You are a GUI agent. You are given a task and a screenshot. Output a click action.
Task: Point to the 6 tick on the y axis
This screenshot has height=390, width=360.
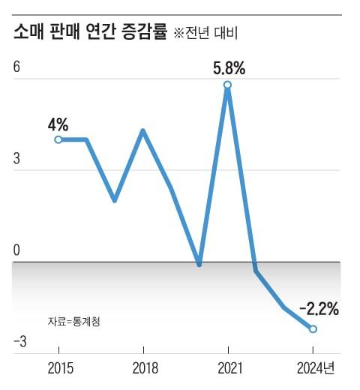click(17, 66)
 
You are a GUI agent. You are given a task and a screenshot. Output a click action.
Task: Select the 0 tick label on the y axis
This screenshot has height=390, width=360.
click(17, 250)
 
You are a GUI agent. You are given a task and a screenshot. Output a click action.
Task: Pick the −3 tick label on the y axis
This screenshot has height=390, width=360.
click(19, 342)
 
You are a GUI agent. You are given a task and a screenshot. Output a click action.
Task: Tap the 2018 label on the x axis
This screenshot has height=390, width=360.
click(143, 369)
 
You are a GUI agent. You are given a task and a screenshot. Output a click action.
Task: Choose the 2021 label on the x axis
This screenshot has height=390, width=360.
click(228, 369)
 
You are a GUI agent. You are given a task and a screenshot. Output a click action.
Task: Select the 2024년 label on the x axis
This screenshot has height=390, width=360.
click(317, 369)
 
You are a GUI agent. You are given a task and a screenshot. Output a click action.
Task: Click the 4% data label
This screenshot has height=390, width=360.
click(58, 124)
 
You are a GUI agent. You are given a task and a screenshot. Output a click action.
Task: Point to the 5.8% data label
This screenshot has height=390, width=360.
click(229, 69)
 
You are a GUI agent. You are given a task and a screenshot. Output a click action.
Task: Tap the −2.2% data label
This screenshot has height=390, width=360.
click(319, 309)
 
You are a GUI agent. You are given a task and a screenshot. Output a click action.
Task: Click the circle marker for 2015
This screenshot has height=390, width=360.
click(58, 139)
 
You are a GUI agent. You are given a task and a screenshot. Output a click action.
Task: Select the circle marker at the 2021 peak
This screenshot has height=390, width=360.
click(228, 85)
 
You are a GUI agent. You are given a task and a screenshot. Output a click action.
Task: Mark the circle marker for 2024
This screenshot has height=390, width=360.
click(313, 328)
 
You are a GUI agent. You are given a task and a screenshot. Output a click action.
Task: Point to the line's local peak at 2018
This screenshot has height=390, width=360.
click(142, 130)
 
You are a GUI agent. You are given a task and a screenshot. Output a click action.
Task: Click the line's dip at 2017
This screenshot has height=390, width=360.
click(114, 200)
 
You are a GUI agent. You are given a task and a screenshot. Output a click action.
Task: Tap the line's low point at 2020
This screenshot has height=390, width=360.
click(199, 264)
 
